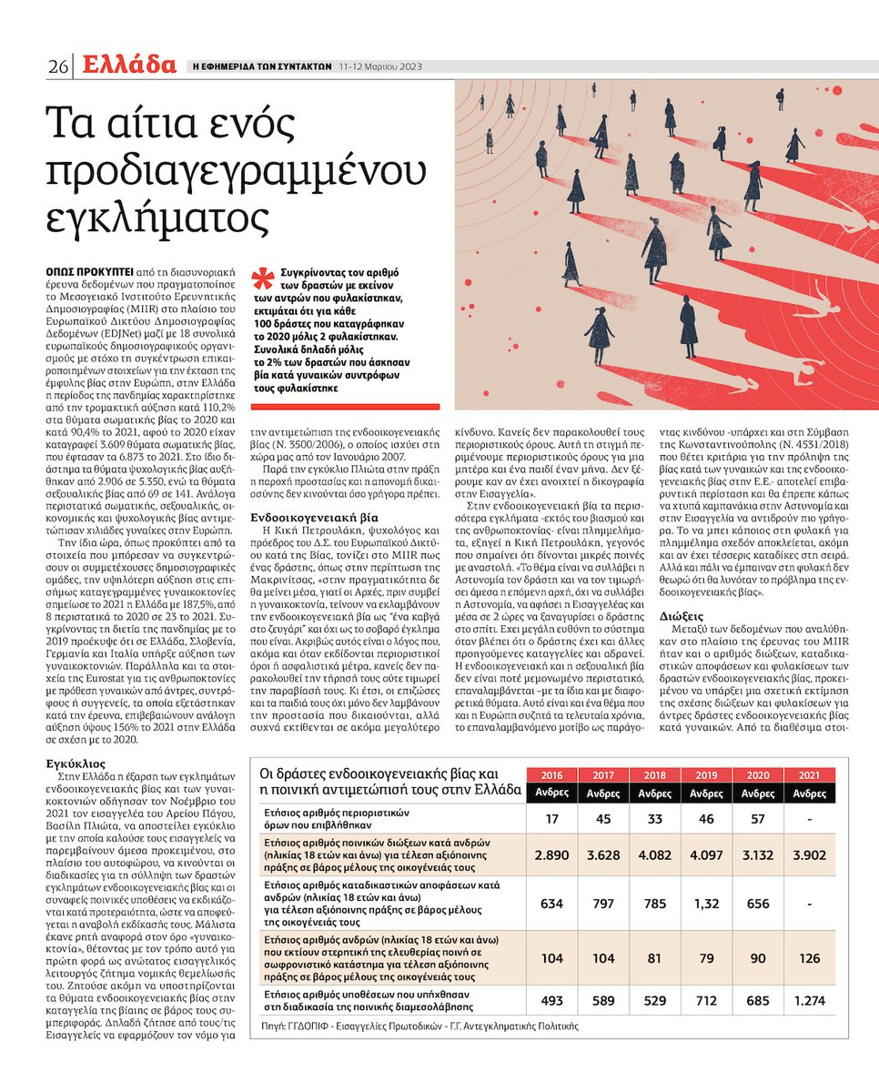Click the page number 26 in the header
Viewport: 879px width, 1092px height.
tap(58, 66)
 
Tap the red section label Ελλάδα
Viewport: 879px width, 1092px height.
tap(126, 65)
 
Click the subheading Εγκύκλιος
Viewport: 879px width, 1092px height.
tap(77, 765)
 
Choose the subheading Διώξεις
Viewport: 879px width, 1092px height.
tap(681, 616)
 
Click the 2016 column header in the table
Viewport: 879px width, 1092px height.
tap(551, 775)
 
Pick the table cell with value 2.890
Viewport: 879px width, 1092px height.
tap(551, 857)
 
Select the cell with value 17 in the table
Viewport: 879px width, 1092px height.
tap(551, 818)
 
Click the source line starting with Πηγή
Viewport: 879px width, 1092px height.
tap(419, 1025)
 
